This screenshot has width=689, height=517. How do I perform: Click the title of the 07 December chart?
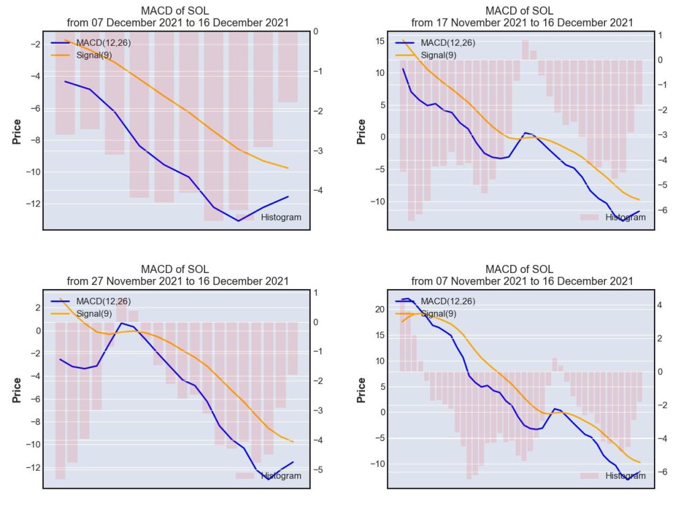[177, 17]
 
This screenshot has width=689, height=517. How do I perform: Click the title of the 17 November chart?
[522, 17]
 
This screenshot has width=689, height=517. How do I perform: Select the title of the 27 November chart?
[177, 275]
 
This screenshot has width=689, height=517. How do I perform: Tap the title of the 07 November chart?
[522, 275]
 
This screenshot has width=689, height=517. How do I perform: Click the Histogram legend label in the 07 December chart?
[281, 217]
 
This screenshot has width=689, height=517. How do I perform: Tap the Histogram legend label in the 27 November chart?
[281, 476]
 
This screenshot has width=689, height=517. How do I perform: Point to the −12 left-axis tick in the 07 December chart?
[34, 204]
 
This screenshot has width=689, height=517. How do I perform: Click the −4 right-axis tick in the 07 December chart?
[319, 190]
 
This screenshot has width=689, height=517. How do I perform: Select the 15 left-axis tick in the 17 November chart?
[380, 41]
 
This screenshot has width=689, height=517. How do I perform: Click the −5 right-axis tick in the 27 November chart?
[319, 469]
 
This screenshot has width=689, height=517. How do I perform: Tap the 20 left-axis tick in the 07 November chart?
[380, 309]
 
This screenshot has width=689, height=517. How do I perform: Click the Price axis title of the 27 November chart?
[17, 390]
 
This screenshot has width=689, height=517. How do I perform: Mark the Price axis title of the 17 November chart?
[361, 132]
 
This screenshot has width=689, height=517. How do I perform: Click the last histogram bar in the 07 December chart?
[288, 67]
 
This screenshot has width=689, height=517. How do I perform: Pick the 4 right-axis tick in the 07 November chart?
[659, 305]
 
